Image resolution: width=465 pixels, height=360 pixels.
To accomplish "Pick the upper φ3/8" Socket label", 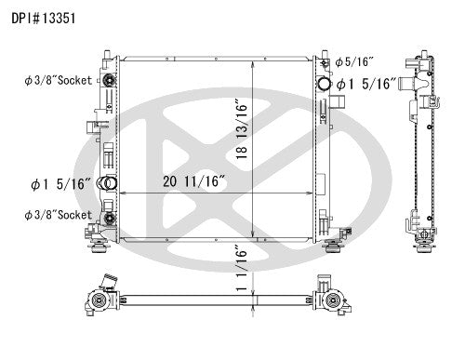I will (58, 80).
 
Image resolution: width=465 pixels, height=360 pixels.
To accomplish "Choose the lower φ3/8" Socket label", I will (58, 215).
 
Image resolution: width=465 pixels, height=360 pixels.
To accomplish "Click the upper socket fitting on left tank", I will (109, 81).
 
